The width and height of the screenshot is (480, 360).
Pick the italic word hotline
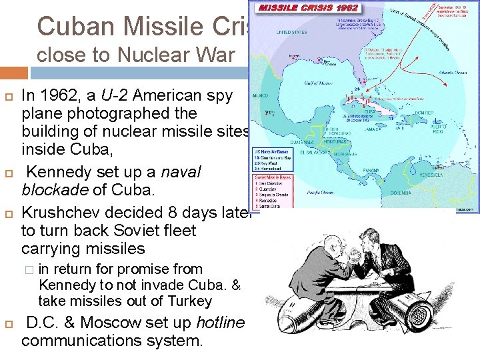click(221, 323)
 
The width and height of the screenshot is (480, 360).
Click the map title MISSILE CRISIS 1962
click(308, 9)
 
